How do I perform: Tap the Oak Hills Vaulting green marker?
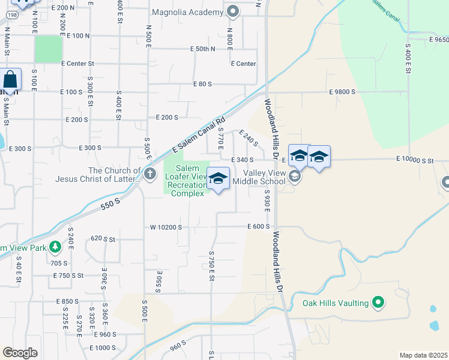click(378, 303)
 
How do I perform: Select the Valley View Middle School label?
click(264, 177)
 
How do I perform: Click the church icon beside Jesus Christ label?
click(150, 175)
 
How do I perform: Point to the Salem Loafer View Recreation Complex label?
click(187, 181)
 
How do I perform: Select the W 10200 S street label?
click(166, 227)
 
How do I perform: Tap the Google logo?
click(20, 353)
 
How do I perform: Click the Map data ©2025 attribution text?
click(423, 355)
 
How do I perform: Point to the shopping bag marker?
click(11, 79)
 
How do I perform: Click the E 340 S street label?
click(243, 160)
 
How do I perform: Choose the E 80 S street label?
click(202, 85)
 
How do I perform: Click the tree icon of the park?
click(55, 247)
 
